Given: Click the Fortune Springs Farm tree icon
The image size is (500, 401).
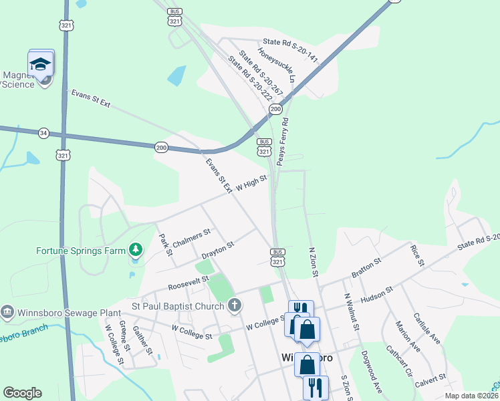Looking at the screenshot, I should tap(136, 250).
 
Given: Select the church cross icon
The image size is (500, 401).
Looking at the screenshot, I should tap(234, 305).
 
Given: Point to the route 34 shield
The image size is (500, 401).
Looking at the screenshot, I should tap(43, 132).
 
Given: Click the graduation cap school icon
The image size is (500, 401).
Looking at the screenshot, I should tap(41, 65).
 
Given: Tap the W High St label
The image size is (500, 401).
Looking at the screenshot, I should tap(251, 182).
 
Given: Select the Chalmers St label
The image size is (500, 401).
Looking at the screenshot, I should tap(191, 237).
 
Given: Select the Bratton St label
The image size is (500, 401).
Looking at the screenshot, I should tap(366, 268).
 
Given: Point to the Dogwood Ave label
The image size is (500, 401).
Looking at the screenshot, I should tap(372, 371).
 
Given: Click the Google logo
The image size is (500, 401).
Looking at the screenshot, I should tap(22, 393).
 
